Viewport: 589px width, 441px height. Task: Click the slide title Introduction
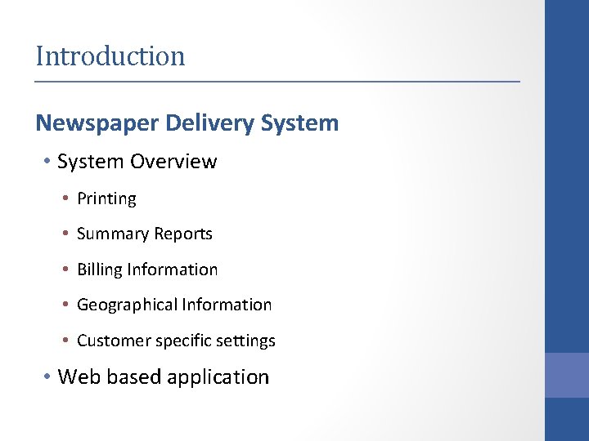(x=110, y=56)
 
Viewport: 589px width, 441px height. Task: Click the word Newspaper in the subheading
(x=97, y=123)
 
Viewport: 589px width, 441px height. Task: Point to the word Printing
(x=106, y=198)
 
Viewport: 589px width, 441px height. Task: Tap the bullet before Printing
(x=65, y=198)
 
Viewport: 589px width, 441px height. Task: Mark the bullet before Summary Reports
(x=65, y=234)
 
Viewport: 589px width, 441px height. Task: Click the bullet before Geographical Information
(x=65, y=305)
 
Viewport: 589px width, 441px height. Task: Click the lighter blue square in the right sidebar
(x=567, y=375)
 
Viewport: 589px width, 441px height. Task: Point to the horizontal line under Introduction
(x=277, y=82)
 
